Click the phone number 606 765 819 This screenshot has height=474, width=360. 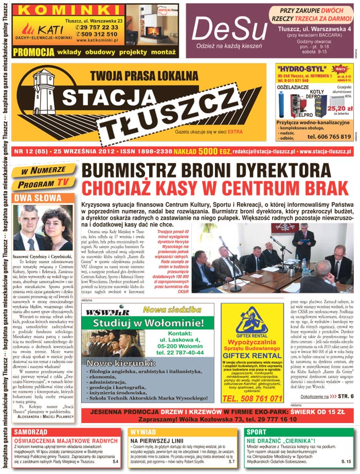[329, 137]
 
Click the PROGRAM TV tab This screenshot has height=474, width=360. [47, 181]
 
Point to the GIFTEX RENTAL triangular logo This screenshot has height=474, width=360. [251, 320]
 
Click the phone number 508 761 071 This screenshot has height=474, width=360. [251, 398]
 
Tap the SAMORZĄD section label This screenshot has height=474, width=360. [31, 431]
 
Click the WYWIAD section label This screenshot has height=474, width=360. [143, 431]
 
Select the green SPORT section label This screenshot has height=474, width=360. [257, 431]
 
